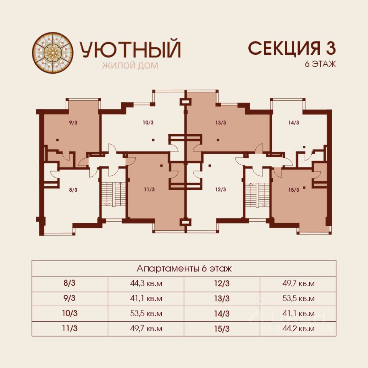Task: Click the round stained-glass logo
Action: [53, 53]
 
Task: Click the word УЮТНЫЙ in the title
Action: [130, 49]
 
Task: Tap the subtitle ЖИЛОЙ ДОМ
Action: [130, 66]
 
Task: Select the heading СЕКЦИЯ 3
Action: [292, 48]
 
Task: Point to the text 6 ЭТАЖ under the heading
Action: [320, 64]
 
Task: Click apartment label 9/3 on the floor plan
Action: [73, 123]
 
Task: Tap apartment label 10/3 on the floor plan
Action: [148, 123]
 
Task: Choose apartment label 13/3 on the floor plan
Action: [221, 123]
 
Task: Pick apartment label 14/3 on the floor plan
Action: [294, 123]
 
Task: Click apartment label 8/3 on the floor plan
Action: [73, 190]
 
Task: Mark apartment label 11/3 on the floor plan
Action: [149, 189]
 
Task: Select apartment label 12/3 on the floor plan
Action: [221, 189]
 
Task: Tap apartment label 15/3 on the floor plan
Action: [294, 190]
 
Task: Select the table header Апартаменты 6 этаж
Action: [184, 268]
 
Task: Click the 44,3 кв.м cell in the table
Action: [146, 284]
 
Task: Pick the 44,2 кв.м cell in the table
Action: [298, 329]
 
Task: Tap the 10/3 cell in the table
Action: [70, 313]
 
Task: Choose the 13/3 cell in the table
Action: [222, 299]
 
